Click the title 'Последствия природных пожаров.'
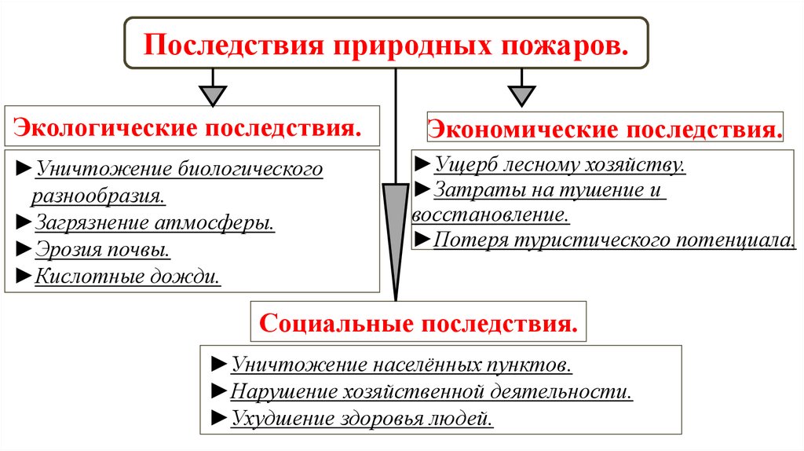coord(386,44)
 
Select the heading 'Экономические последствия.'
coord(605,128)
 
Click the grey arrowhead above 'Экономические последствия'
coord(520,95)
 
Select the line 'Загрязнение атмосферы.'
coord(155,222)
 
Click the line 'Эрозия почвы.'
coord(103,249)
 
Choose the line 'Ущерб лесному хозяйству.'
coord(559,164)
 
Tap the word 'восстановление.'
coord(491,214)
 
